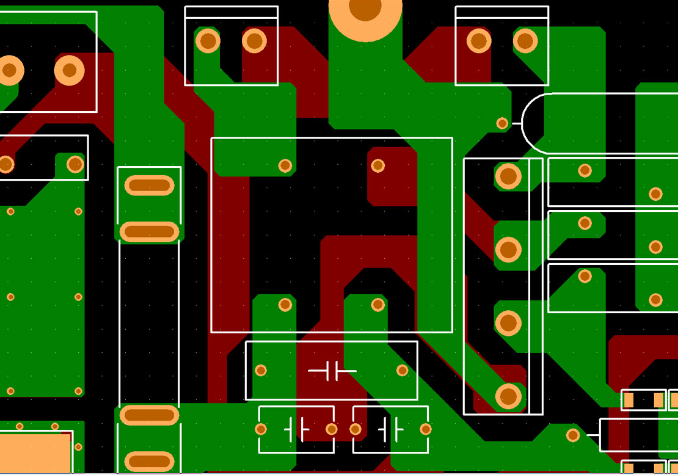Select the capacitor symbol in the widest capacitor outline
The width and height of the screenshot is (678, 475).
[x=332, y=371]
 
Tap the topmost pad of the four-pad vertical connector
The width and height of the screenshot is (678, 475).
[x=508, y=176]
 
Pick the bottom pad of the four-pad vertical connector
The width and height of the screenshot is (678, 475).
[x=508, y=396]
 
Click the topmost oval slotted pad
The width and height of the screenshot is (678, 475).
[x=149, y=185]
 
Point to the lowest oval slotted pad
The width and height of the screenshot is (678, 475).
[x=149, y=462]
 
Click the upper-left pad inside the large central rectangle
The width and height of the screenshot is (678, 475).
[x=285, y=165]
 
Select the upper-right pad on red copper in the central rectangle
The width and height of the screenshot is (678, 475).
[x=378, y=165]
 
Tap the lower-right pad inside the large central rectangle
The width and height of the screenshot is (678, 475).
[x=378, y=304]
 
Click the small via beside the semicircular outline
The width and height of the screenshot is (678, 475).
[x=502, y=123]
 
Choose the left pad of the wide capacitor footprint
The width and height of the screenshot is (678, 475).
[x=261, y=371]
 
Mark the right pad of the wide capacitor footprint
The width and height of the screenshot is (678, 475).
[x=402, y=371]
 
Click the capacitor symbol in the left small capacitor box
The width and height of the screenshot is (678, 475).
[x=296, y=430]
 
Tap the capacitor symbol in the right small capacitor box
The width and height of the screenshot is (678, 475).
[x=390, y=430]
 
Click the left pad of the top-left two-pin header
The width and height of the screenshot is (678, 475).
[x=208, y=41]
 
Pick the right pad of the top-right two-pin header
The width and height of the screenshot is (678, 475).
[x=525, y=41]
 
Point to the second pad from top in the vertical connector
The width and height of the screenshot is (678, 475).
[x=508, y=250]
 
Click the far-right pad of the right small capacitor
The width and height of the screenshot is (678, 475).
[x=426, y=430]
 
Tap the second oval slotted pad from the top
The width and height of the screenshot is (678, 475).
[x=149, y=232]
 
